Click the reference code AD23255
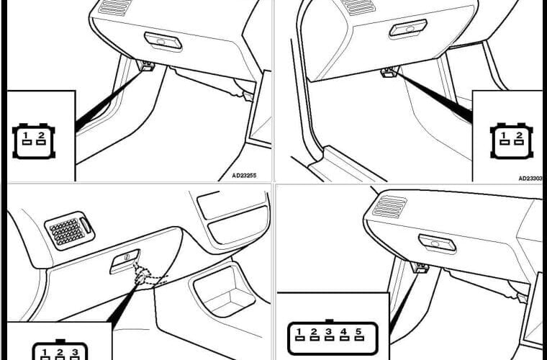244,176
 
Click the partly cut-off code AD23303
531,179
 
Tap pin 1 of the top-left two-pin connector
26,138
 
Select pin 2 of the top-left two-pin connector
41,138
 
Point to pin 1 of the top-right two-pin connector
504,138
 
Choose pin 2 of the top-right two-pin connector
519,138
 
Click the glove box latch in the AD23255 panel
163,41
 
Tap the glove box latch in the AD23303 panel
408,28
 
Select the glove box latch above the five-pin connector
437,243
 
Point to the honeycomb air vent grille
70,230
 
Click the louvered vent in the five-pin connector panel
389,206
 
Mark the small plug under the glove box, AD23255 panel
148,66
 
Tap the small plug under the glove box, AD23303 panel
389,72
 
